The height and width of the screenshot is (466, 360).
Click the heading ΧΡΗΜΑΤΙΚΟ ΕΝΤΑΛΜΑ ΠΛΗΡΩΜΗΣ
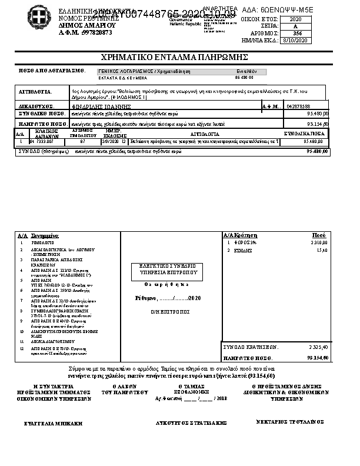click(x=174, y=57)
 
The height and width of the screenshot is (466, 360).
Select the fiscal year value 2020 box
click(x=295, y=19)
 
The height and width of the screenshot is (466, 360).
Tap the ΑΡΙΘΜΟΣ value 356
click(x=296, y=34)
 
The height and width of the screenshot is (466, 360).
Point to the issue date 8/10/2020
click(x=295, y=41)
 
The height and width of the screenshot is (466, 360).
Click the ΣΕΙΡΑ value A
click(x=295, y=26)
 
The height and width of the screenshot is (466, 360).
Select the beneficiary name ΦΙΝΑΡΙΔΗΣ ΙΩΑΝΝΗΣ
click(x=98, y=106)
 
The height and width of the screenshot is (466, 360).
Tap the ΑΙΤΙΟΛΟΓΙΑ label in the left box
click(x=35, y=92)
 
